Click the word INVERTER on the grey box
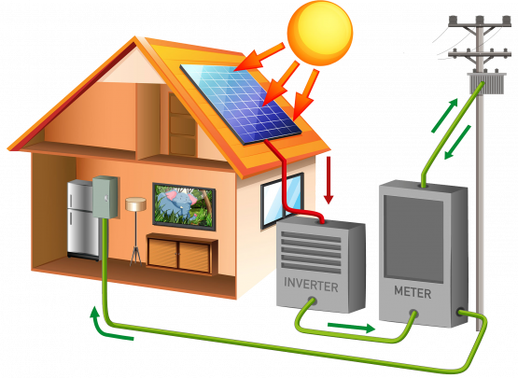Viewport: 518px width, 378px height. pos(311,285)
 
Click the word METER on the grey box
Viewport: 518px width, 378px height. pos(413,292)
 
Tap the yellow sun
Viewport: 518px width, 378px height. pos(320,33)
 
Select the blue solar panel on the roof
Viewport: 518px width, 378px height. pos(241,105)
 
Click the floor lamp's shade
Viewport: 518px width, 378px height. pos(135,203)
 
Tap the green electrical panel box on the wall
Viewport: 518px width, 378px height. pos(105,197)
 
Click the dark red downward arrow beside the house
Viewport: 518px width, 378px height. pos(328,180)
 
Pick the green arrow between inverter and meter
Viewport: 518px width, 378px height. pos(351,328)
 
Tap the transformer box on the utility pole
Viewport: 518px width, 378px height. pos(487,84)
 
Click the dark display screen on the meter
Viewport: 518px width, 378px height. pos(413,238)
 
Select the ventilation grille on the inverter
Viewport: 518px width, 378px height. pos(311,252)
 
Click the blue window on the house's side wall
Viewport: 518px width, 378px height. pos(282,201)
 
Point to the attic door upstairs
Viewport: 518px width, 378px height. pos(182,124)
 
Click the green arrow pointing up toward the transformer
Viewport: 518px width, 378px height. pos(444,116)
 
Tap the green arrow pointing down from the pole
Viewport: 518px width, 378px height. pos(457,142)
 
